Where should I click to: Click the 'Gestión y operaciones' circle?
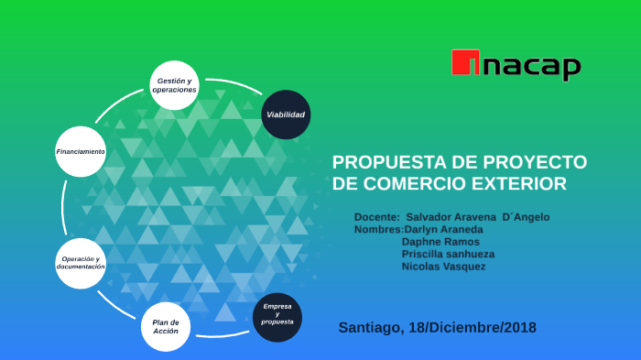174,86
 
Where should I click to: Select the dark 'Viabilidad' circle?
286,115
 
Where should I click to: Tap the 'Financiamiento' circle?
81,151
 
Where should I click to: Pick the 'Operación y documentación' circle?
81,264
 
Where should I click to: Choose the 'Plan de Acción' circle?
166,326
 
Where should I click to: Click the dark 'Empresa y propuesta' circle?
277,316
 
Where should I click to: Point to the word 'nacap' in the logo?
534,66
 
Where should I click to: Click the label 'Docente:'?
376,216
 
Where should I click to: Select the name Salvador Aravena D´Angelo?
478,216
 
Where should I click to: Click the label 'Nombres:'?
377,229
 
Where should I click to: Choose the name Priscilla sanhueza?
448,254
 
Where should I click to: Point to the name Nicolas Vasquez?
443,267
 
